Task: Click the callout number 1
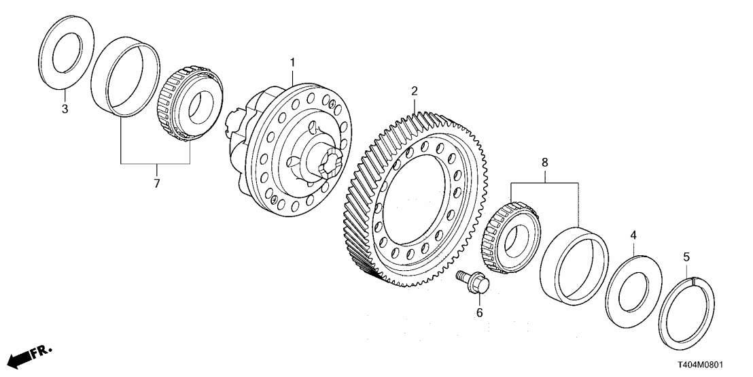coord(293,63)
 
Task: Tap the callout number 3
coord(65,109)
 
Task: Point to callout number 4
coord(633,235)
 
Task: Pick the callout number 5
coord(686,257)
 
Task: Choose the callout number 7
coord(156,184)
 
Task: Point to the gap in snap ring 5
coord(692,276)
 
